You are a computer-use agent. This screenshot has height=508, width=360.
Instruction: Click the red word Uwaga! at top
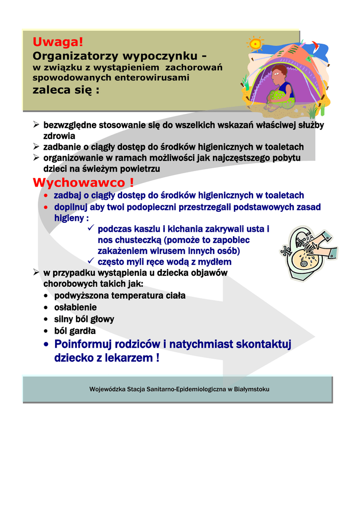coord(58,42)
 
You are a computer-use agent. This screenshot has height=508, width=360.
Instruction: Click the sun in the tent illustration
coord(256,44)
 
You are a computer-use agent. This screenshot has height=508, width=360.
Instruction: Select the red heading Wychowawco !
coord(83,183)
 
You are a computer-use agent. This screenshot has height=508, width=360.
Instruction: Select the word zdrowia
coord(59,135)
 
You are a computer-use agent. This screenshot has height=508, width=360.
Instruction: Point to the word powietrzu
coord(141,169)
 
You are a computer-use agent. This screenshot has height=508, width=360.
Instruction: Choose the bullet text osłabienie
coord(75,308)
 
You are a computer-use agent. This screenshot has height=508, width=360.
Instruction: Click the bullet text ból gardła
coord(75,330)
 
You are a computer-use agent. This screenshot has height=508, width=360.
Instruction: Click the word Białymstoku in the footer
coord(251,389)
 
